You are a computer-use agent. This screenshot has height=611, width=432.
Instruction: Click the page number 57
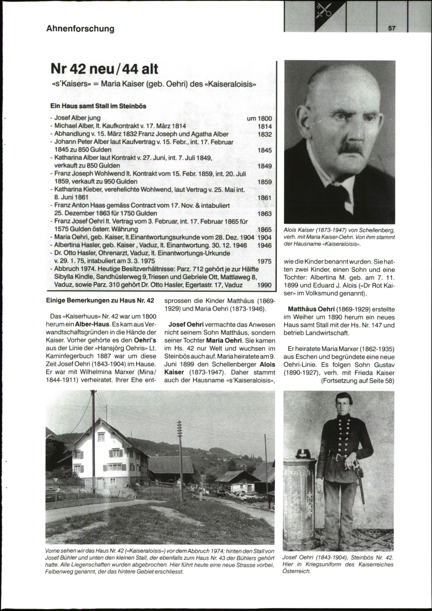coord(391,28)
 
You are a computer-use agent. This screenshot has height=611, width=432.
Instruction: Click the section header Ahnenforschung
coord(80,29)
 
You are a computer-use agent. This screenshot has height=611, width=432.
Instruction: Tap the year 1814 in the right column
coord(265,126)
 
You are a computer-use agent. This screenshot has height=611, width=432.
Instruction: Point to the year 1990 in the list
coord(265,285)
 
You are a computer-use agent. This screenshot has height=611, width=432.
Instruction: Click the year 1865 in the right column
coord(265,230)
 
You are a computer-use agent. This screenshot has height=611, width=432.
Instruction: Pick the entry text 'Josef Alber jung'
coord(77,118)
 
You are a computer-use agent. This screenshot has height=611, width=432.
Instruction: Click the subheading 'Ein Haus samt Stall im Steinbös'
coord(98,107)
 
